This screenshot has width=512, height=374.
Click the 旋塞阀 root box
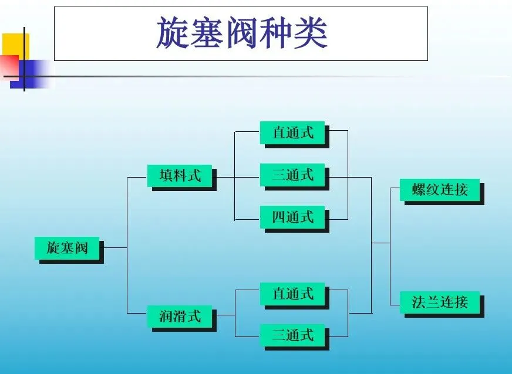pyautogui.click(x=67, y=248)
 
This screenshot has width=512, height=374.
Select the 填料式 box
pyautogui.click(x=180, y=175)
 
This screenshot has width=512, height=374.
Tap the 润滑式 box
pyautogui.click(x=180, y=317)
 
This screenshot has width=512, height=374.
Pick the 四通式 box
pyautogui.click(x=292, y=217)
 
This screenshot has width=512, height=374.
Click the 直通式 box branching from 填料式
pyautogui.click(x=292, y=132)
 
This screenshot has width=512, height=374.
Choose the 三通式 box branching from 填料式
pyautogui.click(x=292, y=175)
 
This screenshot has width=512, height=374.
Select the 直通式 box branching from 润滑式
pyautogui.click(x=292, y=293)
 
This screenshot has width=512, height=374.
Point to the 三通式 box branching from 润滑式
pyautogui.click(x=292, y=335)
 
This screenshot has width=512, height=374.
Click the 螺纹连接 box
pyautogui.click(x=440, y=190)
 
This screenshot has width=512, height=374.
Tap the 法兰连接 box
pyautogui.click(x=440, y=302)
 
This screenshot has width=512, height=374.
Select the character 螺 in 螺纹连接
pyautogui.click(x=419, y=190)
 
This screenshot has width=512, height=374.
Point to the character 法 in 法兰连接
pyautogui.click(x=419, y=302)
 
